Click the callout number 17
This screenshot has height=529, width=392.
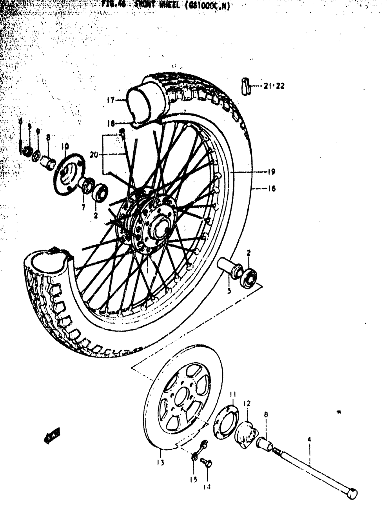110,100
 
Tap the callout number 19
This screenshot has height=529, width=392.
271,171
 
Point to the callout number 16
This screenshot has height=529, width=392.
271,189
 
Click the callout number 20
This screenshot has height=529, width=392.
93,155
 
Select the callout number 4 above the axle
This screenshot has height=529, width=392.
309,440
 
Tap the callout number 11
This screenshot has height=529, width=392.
233,394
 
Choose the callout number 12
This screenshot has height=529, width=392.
247,403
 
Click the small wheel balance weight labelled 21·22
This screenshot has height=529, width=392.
245,86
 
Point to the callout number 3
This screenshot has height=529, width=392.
229,291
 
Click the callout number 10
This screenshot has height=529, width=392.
65,146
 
